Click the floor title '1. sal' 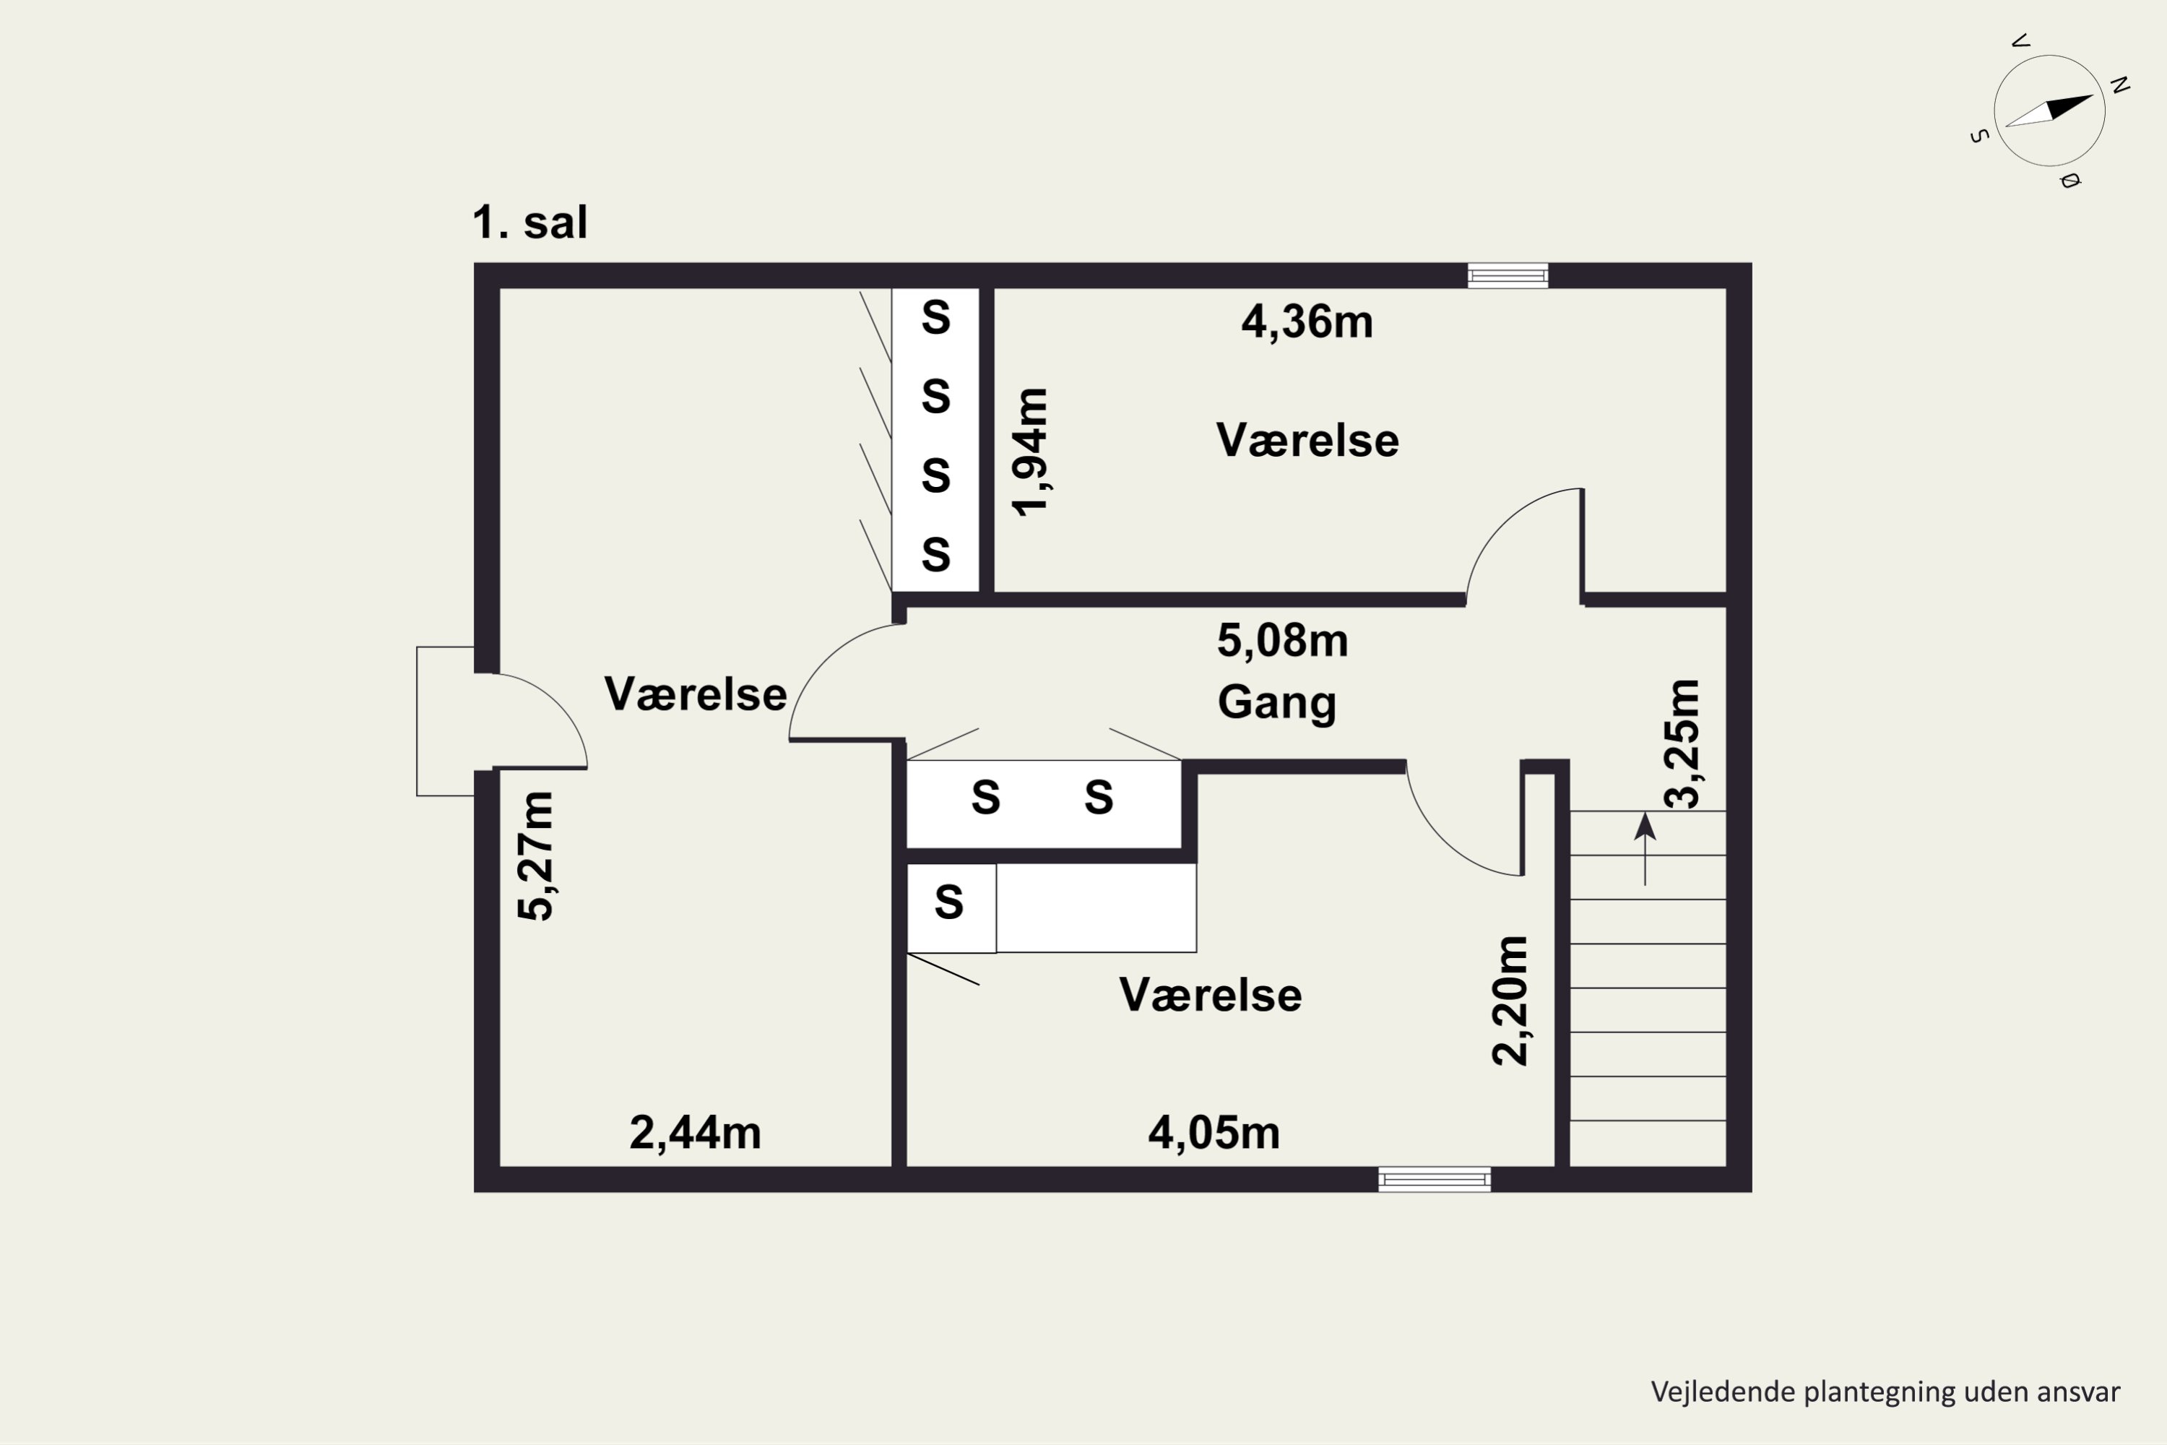[x=529, y=222]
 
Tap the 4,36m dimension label [x=1307, y=322]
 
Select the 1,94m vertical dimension [x=1030, y=452]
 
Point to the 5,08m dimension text [x=1283, y=640]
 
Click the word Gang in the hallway [x=1277, y=702]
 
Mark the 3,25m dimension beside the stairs [x=1682, y=743]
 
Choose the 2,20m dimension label [x=1510, y=1001]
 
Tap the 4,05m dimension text [x=1214, y=1133]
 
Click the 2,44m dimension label [x=695, y=1133]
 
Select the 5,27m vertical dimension [x=535, y=856]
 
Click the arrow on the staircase [x=1645, y=847]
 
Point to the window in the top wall [x=1508, y=275]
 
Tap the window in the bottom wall [x=1435, y=1180]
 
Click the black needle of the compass [x=2069, y=108]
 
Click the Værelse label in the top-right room [x=1307, y=441]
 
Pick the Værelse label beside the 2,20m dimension [x=1211, y=996]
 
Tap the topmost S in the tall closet [x=936, y=318]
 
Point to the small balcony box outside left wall [x=445, y=722]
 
